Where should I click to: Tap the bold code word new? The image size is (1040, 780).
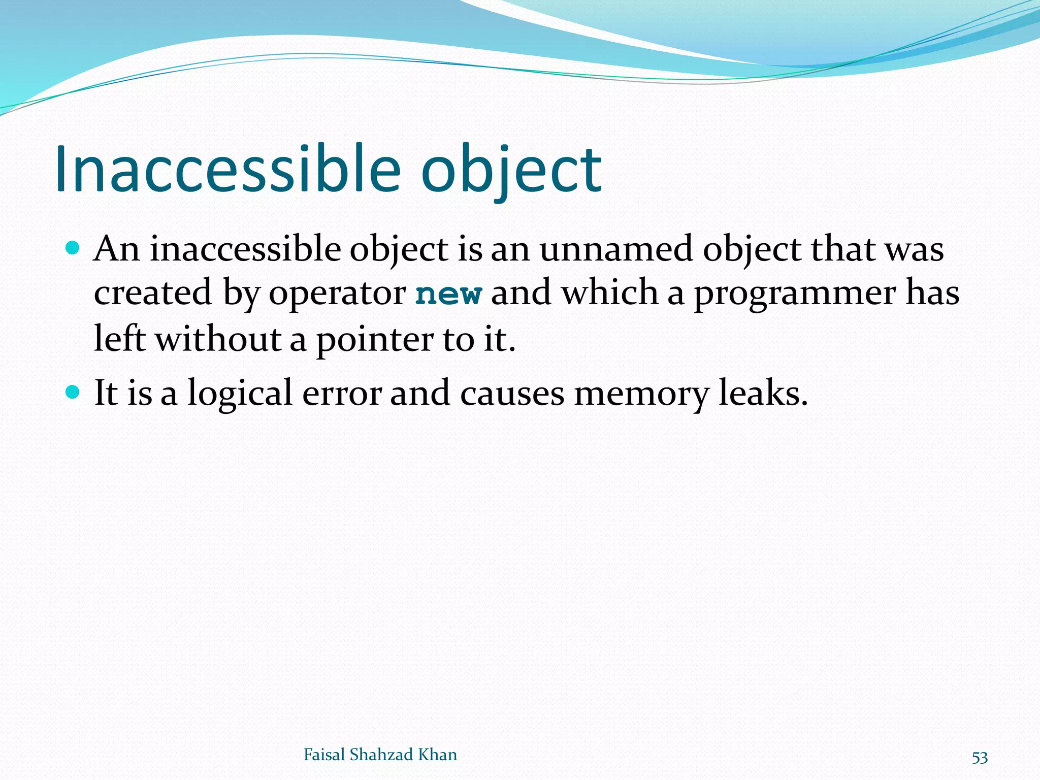[x=448, y=294]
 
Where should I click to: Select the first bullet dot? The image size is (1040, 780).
[x=73, y=248]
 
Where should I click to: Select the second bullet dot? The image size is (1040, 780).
[x=73, y=392]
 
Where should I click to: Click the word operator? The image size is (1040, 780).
[x=337, y=294]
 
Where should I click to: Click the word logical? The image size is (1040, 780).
[x=240, y=394]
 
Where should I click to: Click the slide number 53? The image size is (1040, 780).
[x=980, y=758]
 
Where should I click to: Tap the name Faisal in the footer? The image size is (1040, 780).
[x=324, y=755]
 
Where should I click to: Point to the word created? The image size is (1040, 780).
[x=152, y=293]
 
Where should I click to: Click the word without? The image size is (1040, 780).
[x=218, y=339]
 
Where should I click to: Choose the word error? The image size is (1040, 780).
[x=341, y=394]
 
